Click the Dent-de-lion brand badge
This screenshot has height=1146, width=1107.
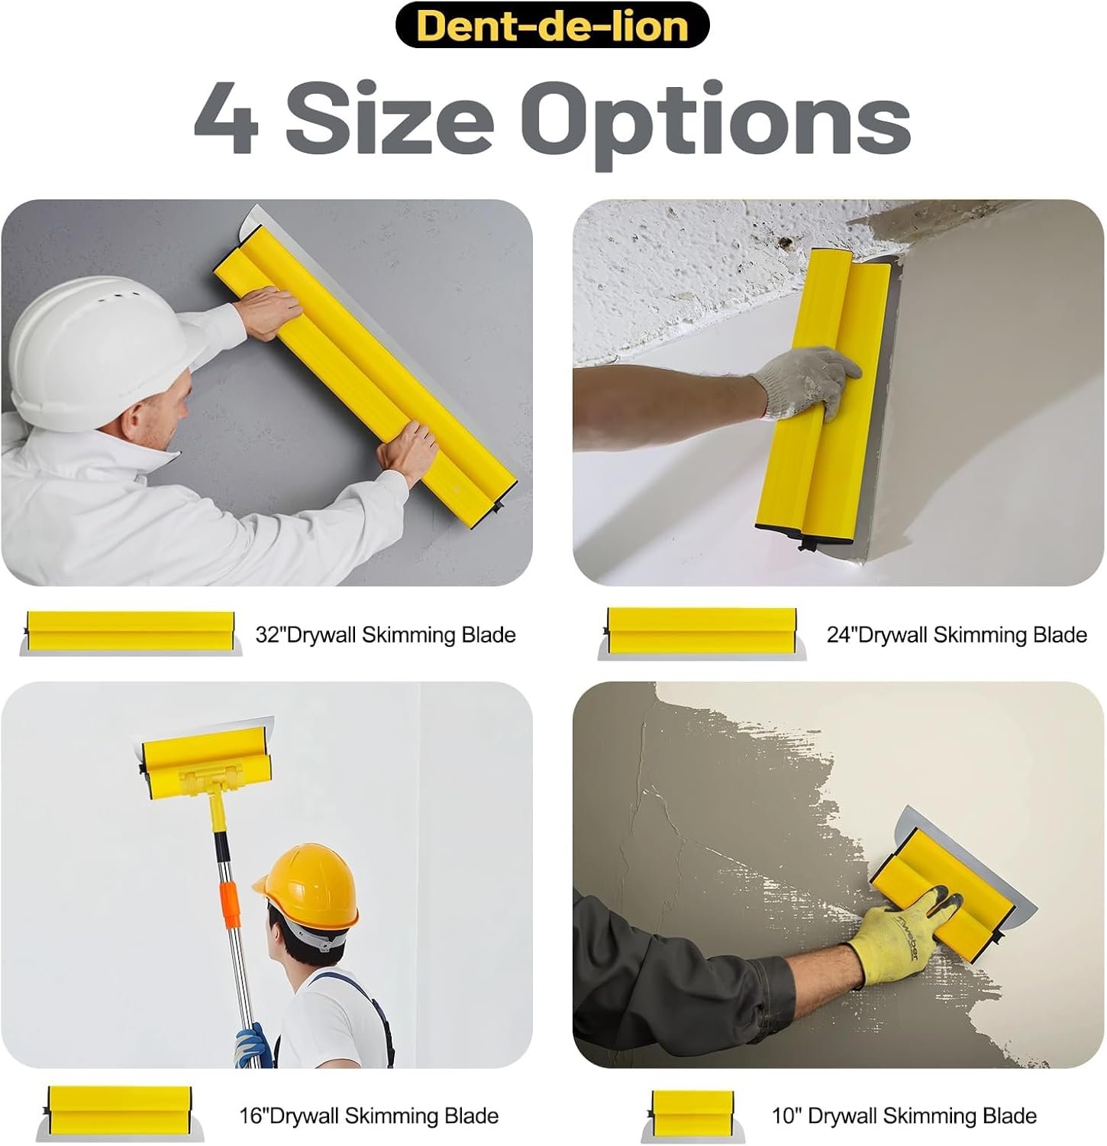pyautogui.click(x=552, y=25)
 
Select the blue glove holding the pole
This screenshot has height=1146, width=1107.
pyautogui.click(x=251, y=1046)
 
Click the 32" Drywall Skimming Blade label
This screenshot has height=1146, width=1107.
pyautogui.click(x=386, y=635)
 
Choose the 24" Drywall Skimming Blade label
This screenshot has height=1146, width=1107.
pyautogui.click(x=957, y=635)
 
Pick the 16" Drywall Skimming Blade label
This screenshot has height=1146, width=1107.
pyautogui.click(x=369, y=1115)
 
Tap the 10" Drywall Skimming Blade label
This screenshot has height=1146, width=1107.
pyautogui.click(x=904, y=1115)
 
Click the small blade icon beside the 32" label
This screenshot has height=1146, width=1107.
pyautogui.click(x=131, y=633)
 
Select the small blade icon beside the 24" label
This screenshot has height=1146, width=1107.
pyautogui.click(x=702, y=633)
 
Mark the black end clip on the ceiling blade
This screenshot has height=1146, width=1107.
pyautogui.click(x=808, y=543)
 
